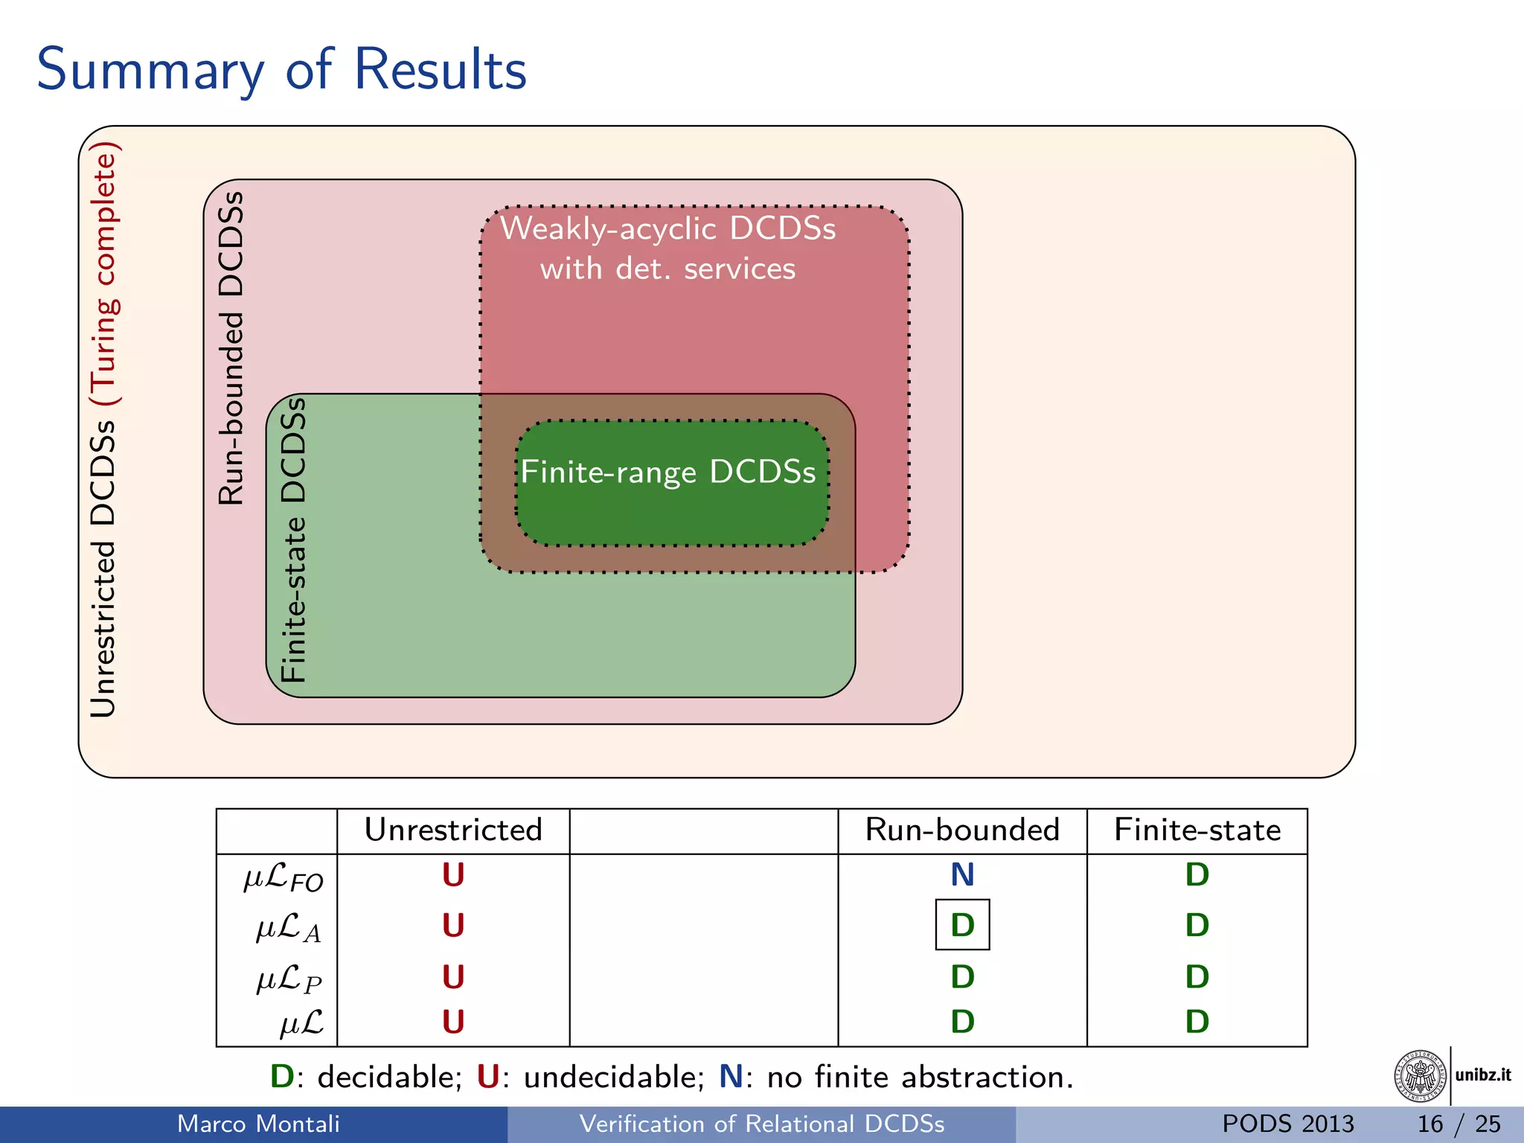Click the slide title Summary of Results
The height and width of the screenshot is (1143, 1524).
click(x=281, y=70)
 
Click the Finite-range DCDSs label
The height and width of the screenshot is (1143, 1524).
click(x=667, y=473)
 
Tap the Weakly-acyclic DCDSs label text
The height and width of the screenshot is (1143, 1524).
click(x=667, y=229)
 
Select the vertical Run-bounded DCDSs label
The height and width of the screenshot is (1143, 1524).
click(x=231, y=348)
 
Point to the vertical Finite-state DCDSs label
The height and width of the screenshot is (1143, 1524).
click(x=294, y=540)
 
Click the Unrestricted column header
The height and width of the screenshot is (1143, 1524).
click(x=452, y=830)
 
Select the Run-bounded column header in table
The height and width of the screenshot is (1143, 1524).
click(x=961, y=830)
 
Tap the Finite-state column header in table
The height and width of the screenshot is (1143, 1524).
click(x=1197, y=830)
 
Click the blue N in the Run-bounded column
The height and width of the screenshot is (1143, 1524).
click(x=962, y=875)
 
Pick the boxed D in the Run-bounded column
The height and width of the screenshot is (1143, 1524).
click(x=962, y=925)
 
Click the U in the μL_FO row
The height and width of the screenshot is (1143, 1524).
click(x=452, y=875)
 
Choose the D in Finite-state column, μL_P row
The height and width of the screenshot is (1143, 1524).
click(x=1197, y=977)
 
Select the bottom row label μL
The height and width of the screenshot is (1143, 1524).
click(x=301, y=1023)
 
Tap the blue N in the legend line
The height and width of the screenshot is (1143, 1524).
click(x=731, y=1077)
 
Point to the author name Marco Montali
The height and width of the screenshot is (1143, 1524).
click(x=258, y=1124)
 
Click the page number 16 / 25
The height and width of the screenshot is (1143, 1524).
click(x=1458, y=1124)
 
